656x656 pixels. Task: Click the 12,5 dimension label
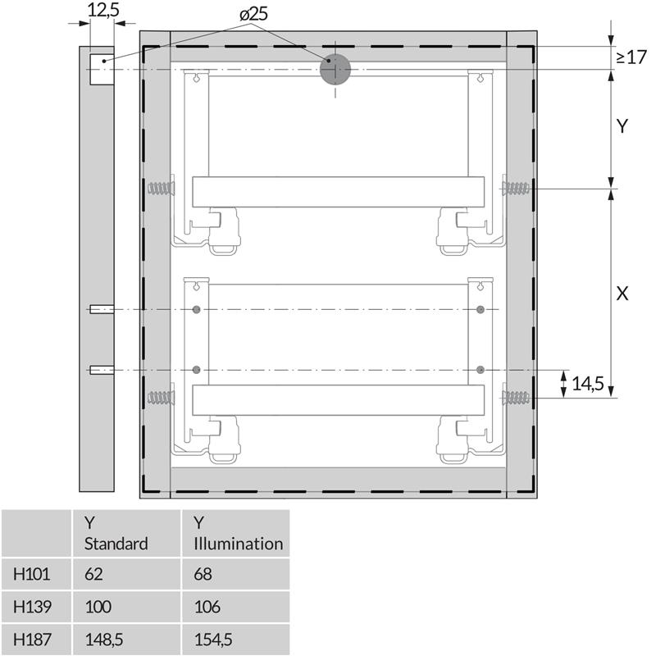pos(103,10)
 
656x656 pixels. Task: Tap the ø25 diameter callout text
pos(254,15)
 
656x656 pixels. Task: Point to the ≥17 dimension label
pos(631,57)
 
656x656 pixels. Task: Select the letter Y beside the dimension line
pos(622,126)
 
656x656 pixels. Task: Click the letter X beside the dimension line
pos(622,294)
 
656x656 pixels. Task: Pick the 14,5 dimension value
pos(588,384)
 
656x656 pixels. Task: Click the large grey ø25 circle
pos(335,70)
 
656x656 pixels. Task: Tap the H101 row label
pos(32,574)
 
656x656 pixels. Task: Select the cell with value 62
pos(93,574)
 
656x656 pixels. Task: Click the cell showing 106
pos(207,607)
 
